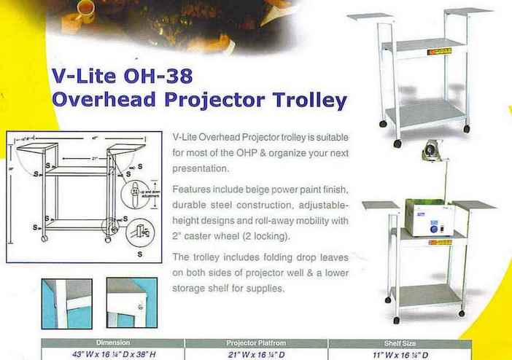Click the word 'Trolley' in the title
coord(305,99)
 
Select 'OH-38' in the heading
coord(159,76)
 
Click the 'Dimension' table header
coord(112,341)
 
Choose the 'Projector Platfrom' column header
coord(255,341)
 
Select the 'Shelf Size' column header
coord(399,341)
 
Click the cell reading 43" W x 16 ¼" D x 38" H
coord(112,353)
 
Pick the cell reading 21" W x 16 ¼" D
coord(255,353)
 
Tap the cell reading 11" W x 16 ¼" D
coord(399,353)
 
